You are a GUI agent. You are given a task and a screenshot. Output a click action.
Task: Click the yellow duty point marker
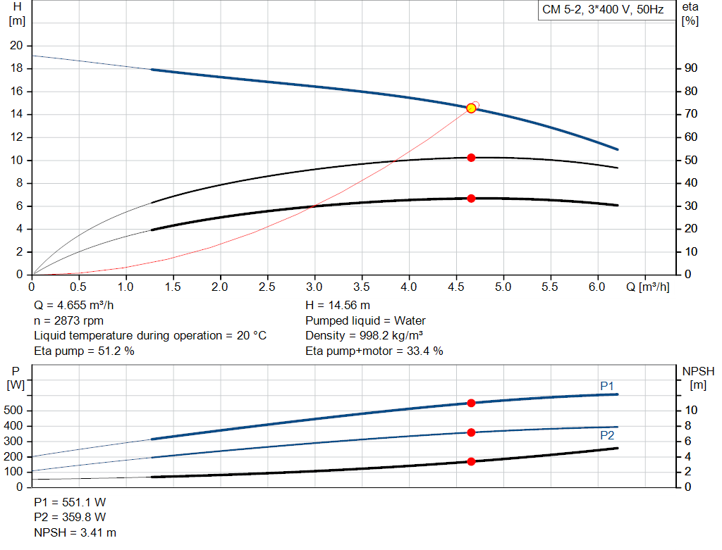pyautogui.click(x=471, y=108)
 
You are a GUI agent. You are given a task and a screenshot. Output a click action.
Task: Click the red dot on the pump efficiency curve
pyautogui.click(x=471, y=158)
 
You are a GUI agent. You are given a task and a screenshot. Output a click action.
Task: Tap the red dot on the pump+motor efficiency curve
pyautogui.click(x=471, y=199)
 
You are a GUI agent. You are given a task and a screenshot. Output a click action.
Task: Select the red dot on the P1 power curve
pyautogui.click(x=471, y=403)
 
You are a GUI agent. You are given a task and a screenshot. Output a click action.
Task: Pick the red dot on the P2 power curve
pyautogui.click(x=471, y=432)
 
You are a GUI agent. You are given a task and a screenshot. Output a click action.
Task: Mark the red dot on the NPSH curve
pyautogui.click(x=471, y=461)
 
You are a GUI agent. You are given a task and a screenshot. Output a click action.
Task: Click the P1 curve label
pyautogui.click(x=607, y=386)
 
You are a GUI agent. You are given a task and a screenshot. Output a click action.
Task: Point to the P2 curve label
pyautogui.click(x=607, y=436)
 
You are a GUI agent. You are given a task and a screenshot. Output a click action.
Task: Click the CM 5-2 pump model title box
pyautogui.click(x=603, y=11)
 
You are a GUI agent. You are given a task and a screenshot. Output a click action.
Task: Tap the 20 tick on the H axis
pyautogui.click(x=16, y=46)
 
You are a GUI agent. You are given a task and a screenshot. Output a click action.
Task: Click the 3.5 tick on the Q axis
pyautogui.click(x=362, y=287)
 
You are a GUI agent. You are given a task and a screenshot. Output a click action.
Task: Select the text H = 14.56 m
pyautogui.click(x=338, y=306)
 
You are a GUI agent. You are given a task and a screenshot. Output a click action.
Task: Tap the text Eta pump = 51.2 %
pyautogui.click(x=84, y=351)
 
